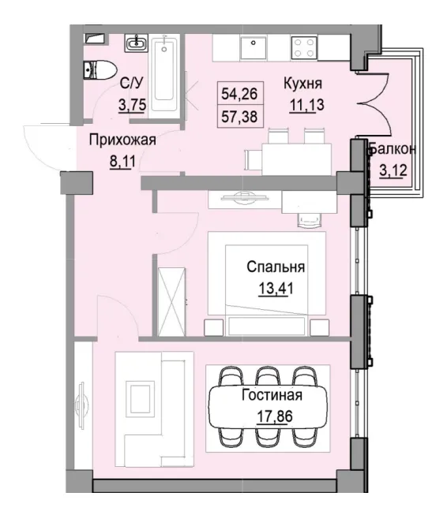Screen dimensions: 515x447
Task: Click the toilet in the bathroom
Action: point(96,69)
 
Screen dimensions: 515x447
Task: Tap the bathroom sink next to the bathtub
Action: point(136,42)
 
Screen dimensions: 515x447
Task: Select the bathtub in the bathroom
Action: point(167,75)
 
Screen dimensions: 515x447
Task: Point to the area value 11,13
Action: point(302,105)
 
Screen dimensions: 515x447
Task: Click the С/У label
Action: point(131,83)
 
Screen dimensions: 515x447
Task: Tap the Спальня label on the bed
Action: point(276,267)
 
